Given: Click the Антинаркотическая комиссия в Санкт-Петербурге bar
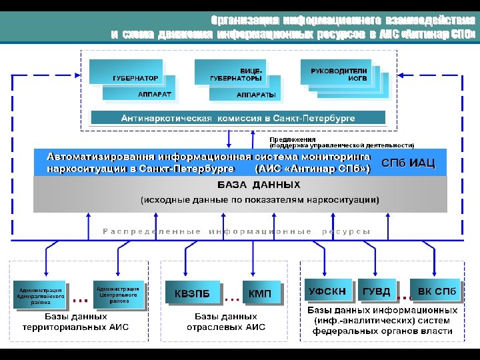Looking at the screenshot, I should tap(238, 118).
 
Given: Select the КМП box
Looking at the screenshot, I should tap(259, 293).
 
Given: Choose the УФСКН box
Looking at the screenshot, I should tap(327, 291).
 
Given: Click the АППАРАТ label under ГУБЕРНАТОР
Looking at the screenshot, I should tap(155, 95).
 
